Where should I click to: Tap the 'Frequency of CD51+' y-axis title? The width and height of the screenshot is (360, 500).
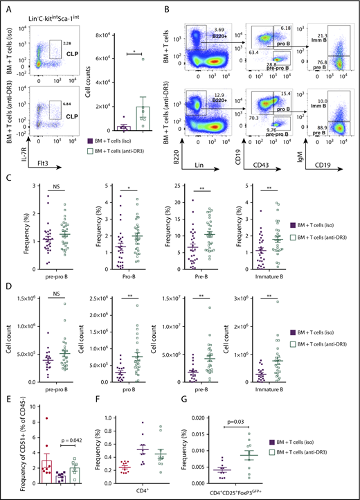click(8, 444)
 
